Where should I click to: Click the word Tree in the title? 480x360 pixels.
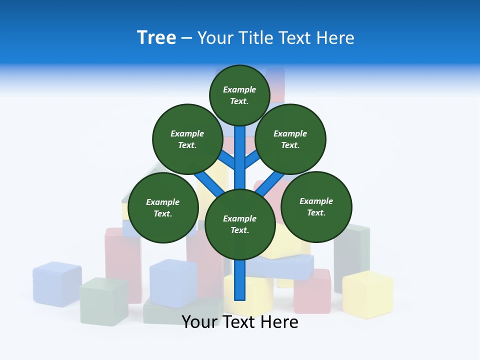coord(156,37)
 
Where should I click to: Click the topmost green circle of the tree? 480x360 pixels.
coord(239,95)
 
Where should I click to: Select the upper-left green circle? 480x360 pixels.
coord(187,139)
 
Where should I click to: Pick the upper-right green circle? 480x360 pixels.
coord(290,139)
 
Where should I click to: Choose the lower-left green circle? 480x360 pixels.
coord(163,207)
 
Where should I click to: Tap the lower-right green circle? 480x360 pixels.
coord(316,206)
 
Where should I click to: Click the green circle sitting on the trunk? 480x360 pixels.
coord(240,224)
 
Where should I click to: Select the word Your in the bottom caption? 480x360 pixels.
coord(200,322)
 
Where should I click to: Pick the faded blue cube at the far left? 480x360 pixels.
coord(57,283)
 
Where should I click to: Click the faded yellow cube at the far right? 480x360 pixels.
coord(367,294)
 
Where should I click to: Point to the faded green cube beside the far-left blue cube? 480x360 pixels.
coord(103,301)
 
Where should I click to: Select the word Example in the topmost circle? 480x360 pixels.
coord(239,89)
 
